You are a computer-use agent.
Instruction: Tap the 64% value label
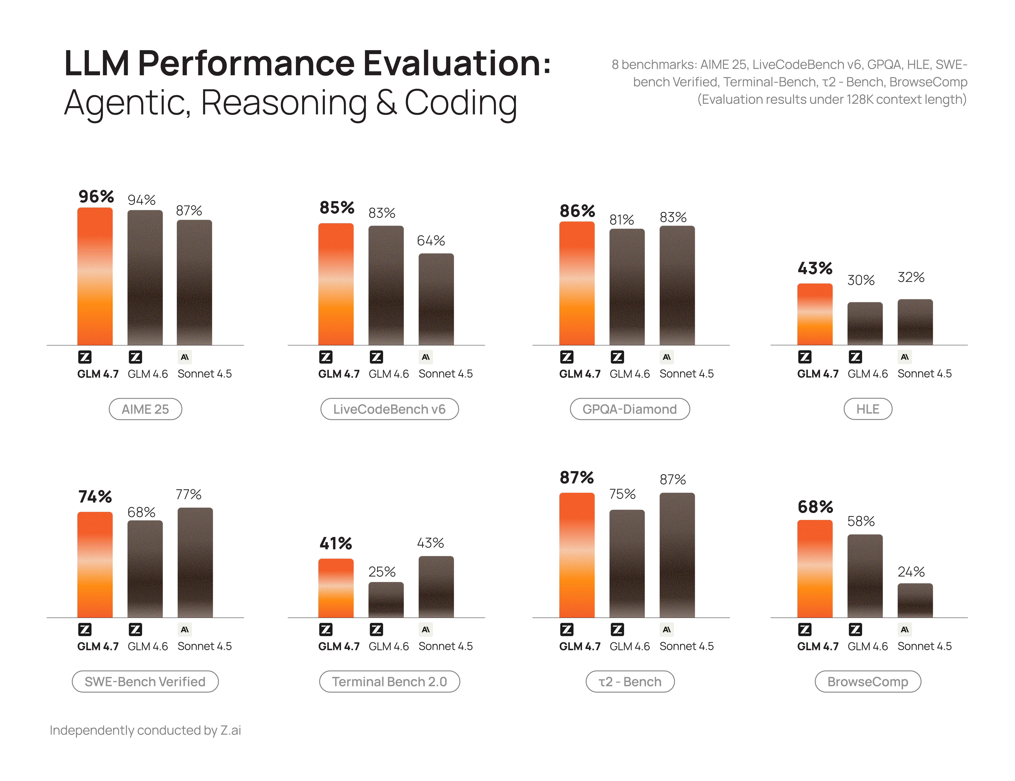[431, 241]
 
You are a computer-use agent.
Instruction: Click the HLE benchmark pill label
[868, 409]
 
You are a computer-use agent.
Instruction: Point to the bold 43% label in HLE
[815, 268]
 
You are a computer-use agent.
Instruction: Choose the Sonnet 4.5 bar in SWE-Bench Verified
[195, 563]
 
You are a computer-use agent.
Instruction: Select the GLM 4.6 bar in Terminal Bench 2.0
[386, 600]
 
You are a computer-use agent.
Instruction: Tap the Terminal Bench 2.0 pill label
[389, 681]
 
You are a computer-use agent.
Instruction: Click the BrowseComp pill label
[868, 681]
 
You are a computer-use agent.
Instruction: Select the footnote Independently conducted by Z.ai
[145, 730]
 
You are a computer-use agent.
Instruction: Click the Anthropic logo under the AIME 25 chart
[184, 357]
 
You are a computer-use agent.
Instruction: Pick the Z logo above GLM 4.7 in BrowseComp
[804, 629]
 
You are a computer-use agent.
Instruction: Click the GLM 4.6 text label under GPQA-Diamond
[630, 374]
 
